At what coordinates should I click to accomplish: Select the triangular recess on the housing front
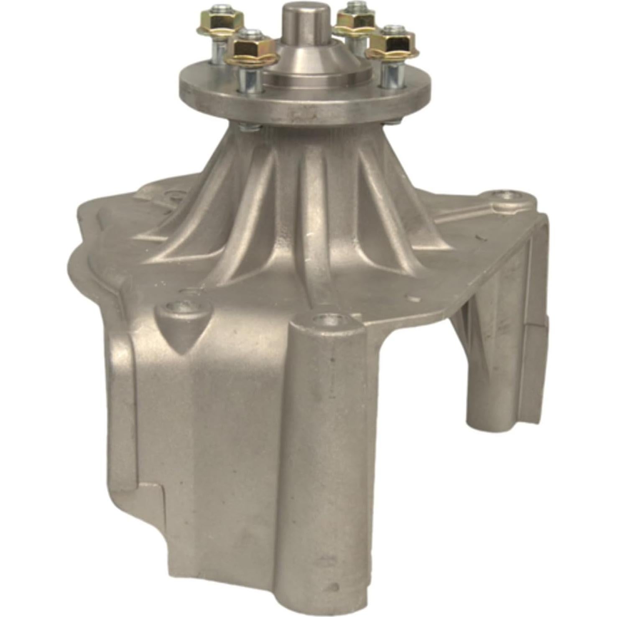click(x=182, y=334)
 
